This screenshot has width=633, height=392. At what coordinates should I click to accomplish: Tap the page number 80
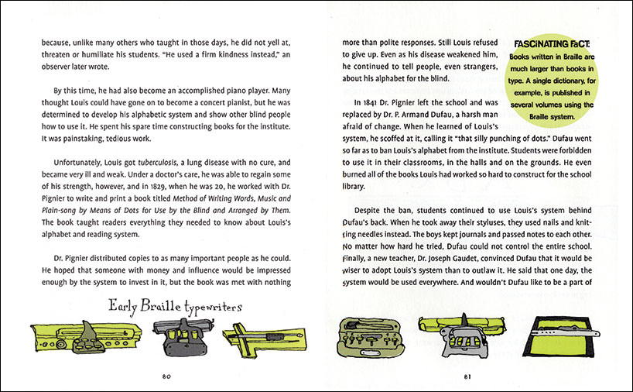point(166,376)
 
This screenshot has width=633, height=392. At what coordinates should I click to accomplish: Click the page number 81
point(467,377)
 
